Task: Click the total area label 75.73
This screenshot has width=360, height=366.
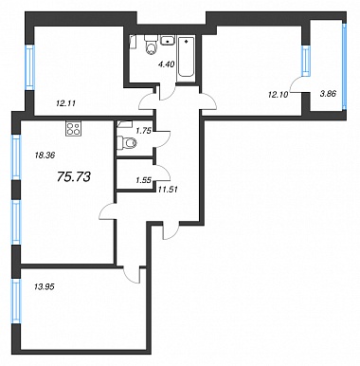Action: (x=74, y=176)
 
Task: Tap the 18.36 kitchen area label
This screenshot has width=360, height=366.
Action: (x=44, y=156)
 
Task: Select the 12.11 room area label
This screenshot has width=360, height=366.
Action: (x=65, y=103)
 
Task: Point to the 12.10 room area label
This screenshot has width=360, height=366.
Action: (x=279, y=94)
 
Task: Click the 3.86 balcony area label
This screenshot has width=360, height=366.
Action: (x=327, y=94)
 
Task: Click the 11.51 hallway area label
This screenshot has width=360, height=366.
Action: (x=168, y=190)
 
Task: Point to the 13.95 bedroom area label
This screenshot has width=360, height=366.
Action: (x=44, y=286)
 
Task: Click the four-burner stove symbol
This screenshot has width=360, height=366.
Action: (x=73, y=129)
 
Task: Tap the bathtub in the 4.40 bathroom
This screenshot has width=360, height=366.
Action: (x=186, y=57)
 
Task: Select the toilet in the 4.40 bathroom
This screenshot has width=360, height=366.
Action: (x=152, y=45)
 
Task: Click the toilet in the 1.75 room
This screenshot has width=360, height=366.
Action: (x=127, y=143)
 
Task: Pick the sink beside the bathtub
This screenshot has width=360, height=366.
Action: (x=168, y=41)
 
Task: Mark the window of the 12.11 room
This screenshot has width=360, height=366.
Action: (x=29, y=67)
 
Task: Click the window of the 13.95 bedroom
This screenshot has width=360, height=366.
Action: (x=16, y=301)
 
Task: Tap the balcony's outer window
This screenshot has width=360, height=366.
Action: (x=345, y=66)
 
